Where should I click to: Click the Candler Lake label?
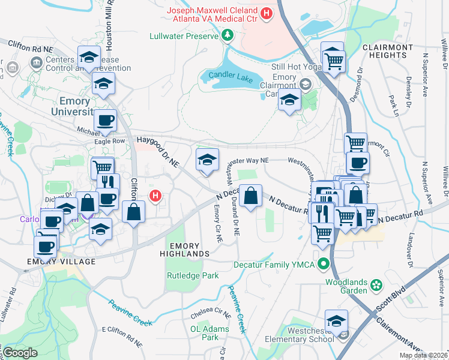tap(228, 76)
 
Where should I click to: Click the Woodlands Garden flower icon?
tap(376, 283)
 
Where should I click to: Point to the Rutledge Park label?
tap(192, 276)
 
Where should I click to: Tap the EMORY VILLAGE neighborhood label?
tap(61, 262)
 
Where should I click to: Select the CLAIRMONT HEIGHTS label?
tap(388, 51)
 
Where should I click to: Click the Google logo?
tap(19, 353)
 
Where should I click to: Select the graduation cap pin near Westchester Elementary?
tap(336, 321)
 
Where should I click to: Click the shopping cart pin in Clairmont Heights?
tap(333, 58)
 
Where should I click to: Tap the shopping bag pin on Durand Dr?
tap(250, 196)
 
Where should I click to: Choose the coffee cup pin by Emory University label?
tap(106, 120)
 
